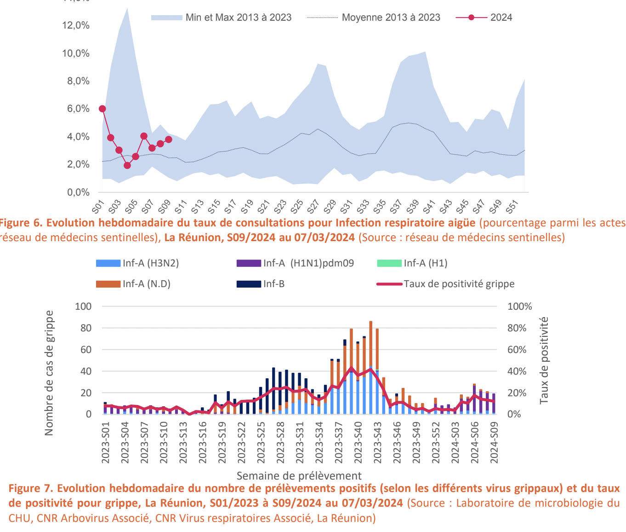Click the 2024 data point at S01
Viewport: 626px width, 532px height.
pyautogui.click(x=102, y=109)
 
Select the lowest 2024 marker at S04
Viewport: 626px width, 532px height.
pyautogui.click(x=127, y=165)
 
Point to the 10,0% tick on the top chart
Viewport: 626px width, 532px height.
pyautogui.click(x=76, y=53)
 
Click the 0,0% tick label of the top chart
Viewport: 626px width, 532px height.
pyautogui.click(x=78, y=192)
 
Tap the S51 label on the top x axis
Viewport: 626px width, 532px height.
pyautogui.click(x=512, y=207)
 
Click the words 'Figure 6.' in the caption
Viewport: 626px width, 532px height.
pyautogui.click(x=21, y=223)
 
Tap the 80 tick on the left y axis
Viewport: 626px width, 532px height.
pyautogui.click(x=83, y=328)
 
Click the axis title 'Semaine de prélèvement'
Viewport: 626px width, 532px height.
pyautogui.click(x=299, y=475)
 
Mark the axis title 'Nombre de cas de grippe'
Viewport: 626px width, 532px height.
pyautogui.click(x=49, y=373)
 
